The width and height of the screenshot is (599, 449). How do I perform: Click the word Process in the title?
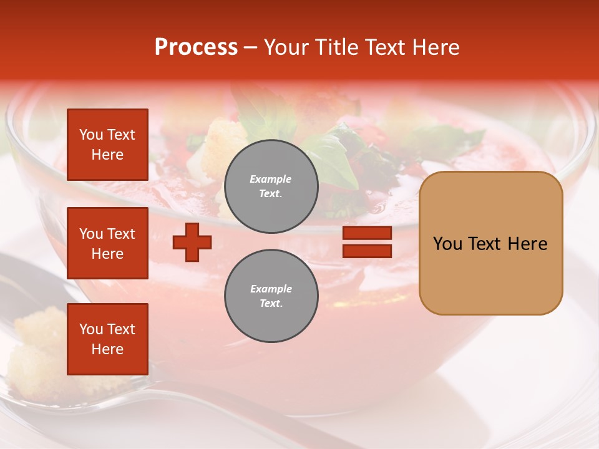196,47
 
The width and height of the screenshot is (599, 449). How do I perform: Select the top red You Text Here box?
107,145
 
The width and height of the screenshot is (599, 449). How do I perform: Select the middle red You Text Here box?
107,243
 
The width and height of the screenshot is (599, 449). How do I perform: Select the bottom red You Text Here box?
107,339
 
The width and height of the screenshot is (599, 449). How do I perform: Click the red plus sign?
192,242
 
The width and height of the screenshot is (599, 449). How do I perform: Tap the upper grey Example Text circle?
271,186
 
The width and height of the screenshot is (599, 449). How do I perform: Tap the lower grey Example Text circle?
271,296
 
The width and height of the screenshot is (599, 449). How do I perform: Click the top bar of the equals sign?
367,233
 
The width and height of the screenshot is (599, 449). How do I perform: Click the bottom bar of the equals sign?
367,251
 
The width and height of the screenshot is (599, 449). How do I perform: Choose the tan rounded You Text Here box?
490,243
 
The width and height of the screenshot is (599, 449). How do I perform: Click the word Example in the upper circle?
271,179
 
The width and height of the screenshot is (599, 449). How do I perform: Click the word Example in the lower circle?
271,289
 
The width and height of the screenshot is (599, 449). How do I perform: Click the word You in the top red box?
91,135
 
